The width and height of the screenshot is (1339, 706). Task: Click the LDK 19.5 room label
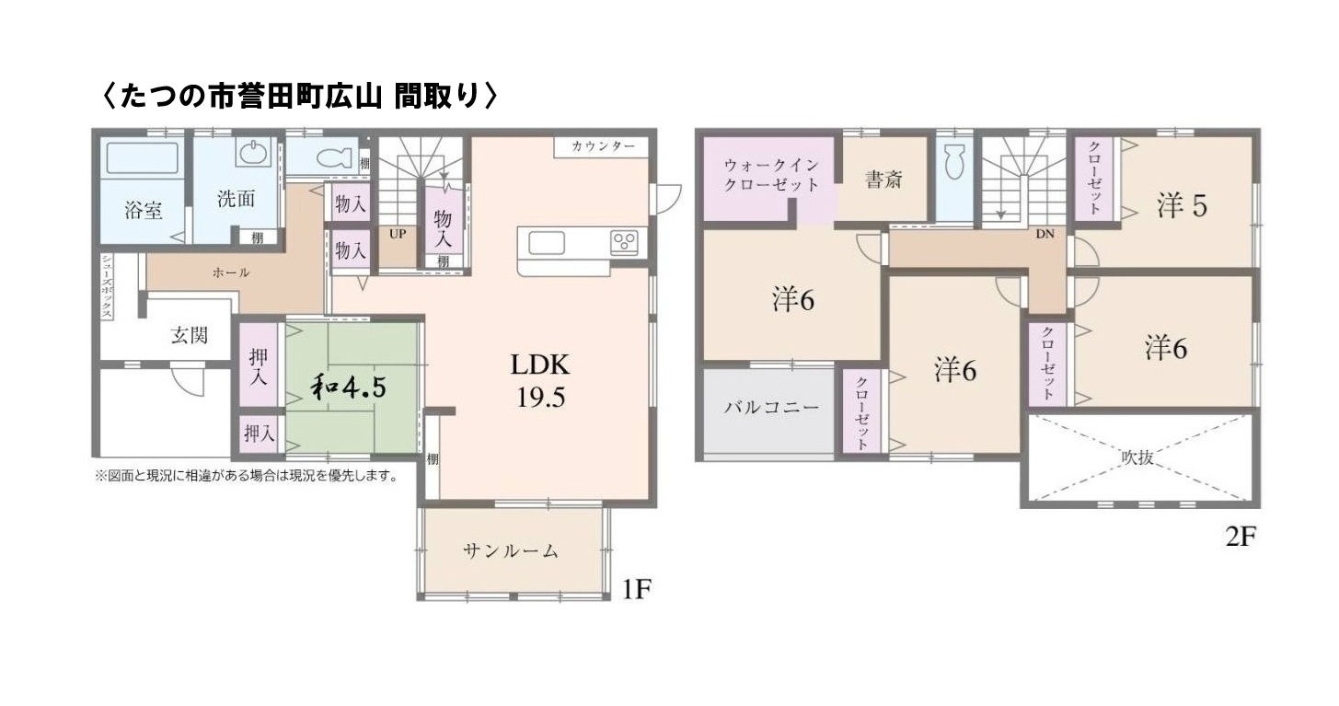541,380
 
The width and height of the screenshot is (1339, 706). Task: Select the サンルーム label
510,551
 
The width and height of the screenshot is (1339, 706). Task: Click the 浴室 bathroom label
144,210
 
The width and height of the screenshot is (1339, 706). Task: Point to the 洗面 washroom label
236,199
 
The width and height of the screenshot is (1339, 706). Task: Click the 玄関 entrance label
189,335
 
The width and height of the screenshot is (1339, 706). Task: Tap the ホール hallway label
231,272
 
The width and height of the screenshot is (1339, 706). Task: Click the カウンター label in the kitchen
602,147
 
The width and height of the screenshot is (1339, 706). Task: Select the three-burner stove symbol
624,242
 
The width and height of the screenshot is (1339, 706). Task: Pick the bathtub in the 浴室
142,158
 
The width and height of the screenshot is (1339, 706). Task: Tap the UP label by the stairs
398,234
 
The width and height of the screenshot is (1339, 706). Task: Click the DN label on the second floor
1045,234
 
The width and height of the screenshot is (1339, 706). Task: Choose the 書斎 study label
883,179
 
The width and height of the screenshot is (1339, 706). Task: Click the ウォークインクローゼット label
771,175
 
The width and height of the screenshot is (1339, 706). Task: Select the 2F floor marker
1241,537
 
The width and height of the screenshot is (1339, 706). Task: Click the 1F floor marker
637,589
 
